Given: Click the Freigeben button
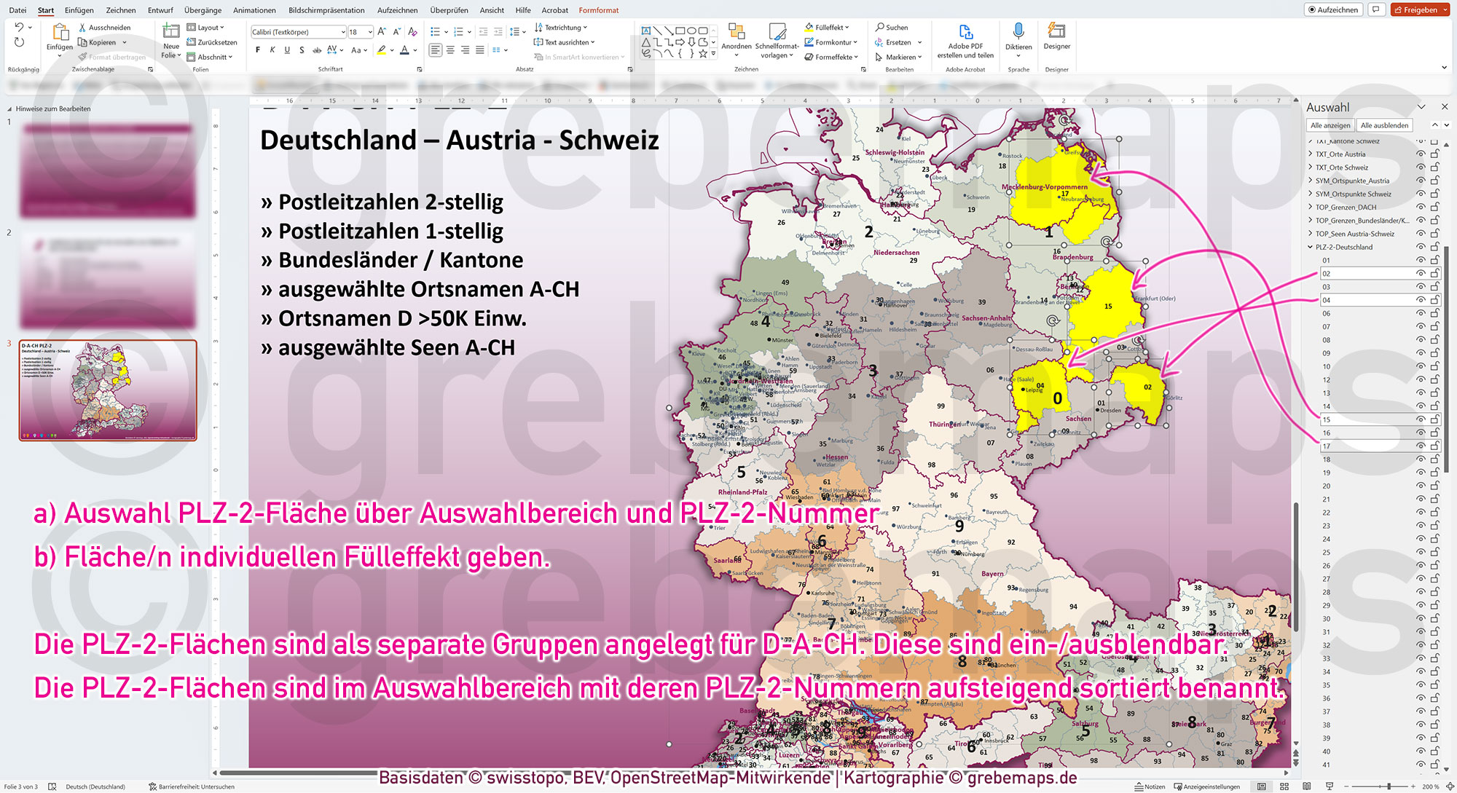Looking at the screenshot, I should [x=1419, y=9].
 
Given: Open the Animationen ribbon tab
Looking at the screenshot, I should [x=254, y=10].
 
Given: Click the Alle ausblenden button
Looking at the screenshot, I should [x=1384, y=125].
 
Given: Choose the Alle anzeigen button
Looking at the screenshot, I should [x=1330, y=125].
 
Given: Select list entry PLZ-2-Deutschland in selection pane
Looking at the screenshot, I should [x=1343, y=247].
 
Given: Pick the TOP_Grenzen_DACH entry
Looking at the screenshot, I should [x=1346, y=208].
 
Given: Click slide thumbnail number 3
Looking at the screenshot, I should [x=108, y=390].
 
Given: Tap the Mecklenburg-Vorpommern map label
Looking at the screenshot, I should [x=1044, y=187].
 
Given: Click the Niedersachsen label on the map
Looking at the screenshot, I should [x=896, y=253].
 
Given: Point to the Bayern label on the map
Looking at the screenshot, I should [x=991, y=574].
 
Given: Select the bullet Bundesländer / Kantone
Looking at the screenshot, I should [x=400, y=260].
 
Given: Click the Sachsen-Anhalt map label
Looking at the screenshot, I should [x=986, y=318].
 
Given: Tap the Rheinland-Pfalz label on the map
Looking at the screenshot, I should [x=742, y=492].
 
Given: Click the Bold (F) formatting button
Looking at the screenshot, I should [x=258, y=50].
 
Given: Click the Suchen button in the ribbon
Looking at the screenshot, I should [x=892, y=28].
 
